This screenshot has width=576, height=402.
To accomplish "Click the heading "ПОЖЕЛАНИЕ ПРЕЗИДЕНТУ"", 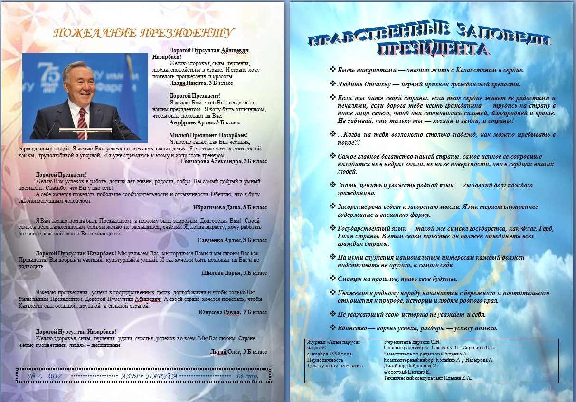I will point(143,33).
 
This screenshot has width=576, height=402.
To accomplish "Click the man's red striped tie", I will point(82,122).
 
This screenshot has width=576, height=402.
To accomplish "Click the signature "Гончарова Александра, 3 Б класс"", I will point(224,161).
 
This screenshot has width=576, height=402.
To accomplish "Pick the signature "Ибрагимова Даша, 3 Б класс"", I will point(230,207).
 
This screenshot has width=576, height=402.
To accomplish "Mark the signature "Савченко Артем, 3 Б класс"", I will point(232,240).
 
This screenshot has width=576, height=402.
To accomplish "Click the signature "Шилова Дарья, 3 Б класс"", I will point(234,273).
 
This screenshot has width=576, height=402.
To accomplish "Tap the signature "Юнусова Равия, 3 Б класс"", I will point(233,312).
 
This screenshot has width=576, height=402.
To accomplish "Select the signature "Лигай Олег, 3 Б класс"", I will point(238,352).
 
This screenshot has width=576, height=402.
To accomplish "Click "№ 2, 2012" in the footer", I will point(45,376).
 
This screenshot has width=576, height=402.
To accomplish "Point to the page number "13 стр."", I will point(247,376).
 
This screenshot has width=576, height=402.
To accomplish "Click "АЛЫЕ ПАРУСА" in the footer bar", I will point(149,376).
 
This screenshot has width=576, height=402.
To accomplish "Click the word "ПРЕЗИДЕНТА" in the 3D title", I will point(432,49).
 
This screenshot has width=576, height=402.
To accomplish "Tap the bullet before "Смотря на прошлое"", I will point(332,279).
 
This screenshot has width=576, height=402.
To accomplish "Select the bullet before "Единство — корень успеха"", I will point(332,328).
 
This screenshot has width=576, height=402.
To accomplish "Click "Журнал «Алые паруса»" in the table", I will point(331,342).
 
